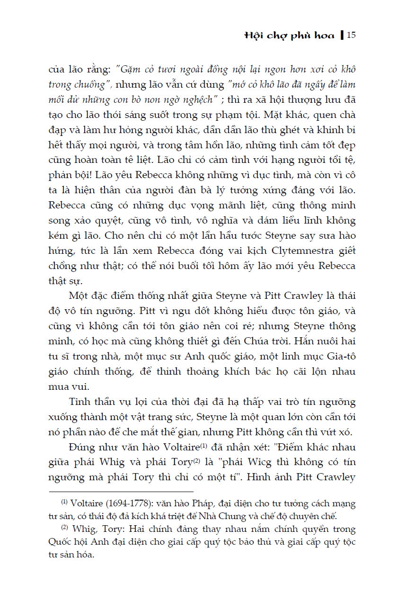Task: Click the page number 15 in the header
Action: click(351, 36)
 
